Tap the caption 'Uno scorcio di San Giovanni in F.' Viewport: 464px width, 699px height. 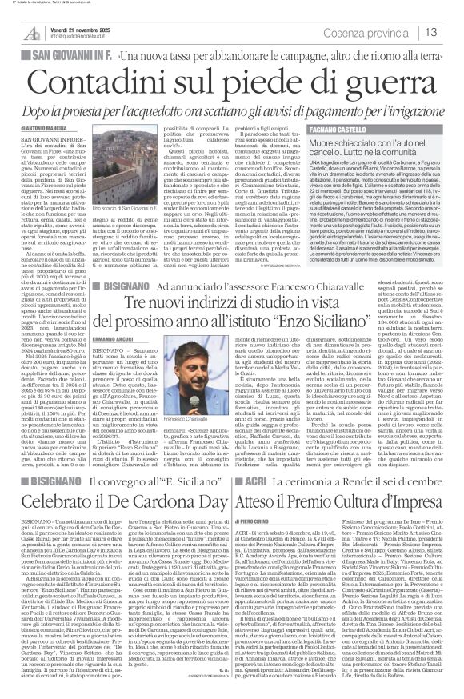point(157,210)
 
